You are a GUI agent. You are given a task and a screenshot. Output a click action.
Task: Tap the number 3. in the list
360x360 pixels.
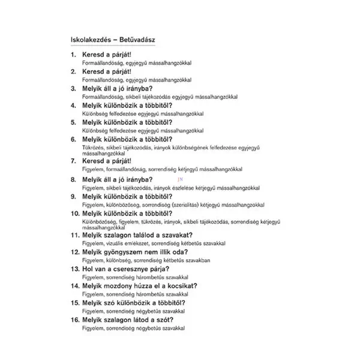pos(74,88)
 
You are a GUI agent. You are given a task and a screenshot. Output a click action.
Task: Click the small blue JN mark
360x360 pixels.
pos(179,178)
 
